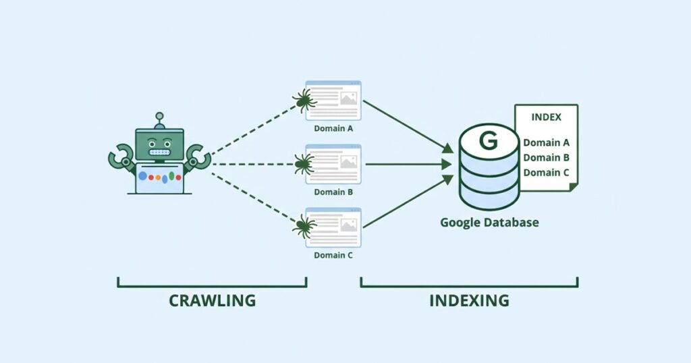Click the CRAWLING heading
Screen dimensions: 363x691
(x=212, y=300)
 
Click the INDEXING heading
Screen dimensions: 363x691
(x=469, y=300)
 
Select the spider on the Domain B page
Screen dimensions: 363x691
(x=304, y=163)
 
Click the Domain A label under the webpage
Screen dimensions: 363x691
(x=333, y=128)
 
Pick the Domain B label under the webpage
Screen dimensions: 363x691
(x=333, y=192)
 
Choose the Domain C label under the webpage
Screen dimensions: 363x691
(x=333, y=256)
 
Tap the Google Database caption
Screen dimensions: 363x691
(x=489, y=222)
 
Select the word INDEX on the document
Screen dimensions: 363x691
(x=546, y=117)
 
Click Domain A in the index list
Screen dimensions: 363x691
(x=547, y=142)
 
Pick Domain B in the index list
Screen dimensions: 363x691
(x=547, y=157)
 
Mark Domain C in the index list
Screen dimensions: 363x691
(x=547, y=172)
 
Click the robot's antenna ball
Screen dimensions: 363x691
(x=160, y=117)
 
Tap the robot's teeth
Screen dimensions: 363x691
(x=159, y=153)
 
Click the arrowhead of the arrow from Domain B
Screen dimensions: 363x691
(x=446, y=163)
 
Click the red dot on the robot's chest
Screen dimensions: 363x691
(x=152, y=178)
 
